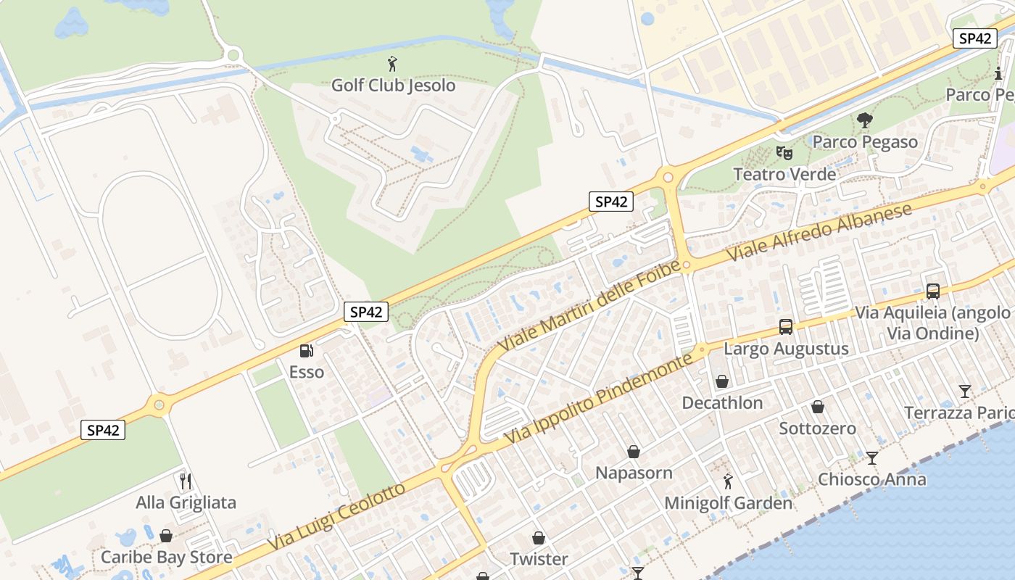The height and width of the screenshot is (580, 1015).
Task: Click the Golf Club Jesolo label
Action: pyautogui.click(x=393, y=85)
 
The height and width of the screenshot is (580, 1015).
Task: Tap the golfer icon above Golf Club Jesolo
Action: pyautogui.click(x=393, y=64)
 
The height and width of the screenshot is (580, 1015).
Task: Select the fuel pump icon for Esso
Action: pyautogui.click(x=307, y=351)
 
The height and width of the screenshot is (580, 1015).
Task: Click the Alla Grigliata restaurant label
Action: pyautogui.click(x=186, y=502)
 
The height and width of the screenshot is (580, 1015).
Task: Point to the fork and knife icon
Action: pyautogui.click(x=186, y=481)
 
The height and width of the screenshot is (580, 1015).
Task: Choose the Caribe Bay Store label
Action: pyautogui.click(x=166, y=558)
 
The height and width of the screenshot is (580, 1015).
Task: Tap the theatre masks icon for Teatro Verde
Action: pyautogui.click(x=784, y=153)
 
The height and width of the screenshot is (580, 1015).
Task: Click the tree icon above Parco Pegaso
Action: pyautogui.click(x=864, y=120)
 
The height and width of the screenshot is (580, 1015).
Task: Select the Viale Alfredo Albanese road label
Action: pyautogui.click(x=819, y=233)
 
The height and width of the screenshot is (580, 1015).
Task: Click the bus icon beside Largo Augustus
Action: pyautogui.click(x=786, y=327)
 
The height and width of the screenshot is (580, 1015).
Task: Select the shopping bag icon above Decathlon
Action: pyautogui.click(x=722, y=381)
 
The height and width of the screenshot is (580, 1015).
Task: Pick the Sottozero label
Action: pyautogui.click(x=817, y=428)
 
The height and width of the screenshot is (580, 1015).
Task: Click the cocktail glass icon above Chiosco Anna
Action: pyautogui.click(x=872, y=458)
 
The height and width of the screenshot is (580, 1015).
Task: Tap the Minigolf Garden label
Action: pyautogui.click(x=728, y=502)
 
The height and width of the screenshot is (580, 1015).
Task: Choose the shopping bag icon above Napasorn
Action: pyautogui.click(x=634, y=452)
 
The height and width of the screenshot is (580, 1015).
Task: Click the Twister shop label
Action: pyautogui.click(x=539, y=559)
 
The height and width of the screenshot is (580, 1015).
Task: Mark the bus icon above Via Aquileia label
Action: pyautogui.click(x=933, y=291)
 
